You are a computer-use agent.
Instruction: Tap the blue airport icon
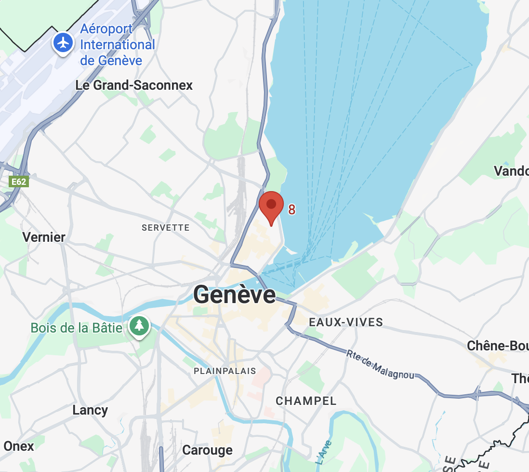63,43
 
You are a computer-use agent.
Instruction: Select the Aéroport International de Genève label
117,45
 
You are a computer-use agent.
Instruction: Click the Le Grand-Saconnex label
134,85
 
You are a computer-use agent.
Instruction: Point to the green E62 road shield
19,182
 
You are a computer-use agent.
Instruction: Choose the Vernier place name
44,237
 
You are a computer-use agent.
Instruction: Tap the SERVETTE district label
165,227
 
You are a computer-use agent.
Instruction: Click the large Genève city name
234,294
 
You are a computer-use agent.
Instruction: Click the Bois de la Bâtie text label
77,328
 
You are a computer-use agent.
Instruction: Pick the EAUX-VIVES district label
346,322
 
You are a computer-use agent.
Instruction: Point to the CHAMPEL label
306,401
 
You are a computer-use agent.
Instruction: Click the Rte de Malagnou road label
380,365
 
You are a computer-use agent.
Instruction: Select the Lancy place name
90,410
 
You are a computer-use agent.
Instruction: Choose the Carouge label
207,450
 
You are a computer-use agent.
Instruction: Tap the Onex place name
18,446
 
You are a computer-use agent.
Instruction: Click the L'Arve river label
322,454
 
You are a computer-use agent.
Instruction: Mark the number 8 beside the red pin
291,209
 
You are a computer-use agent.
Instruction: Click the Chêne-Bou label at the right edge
498,346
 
